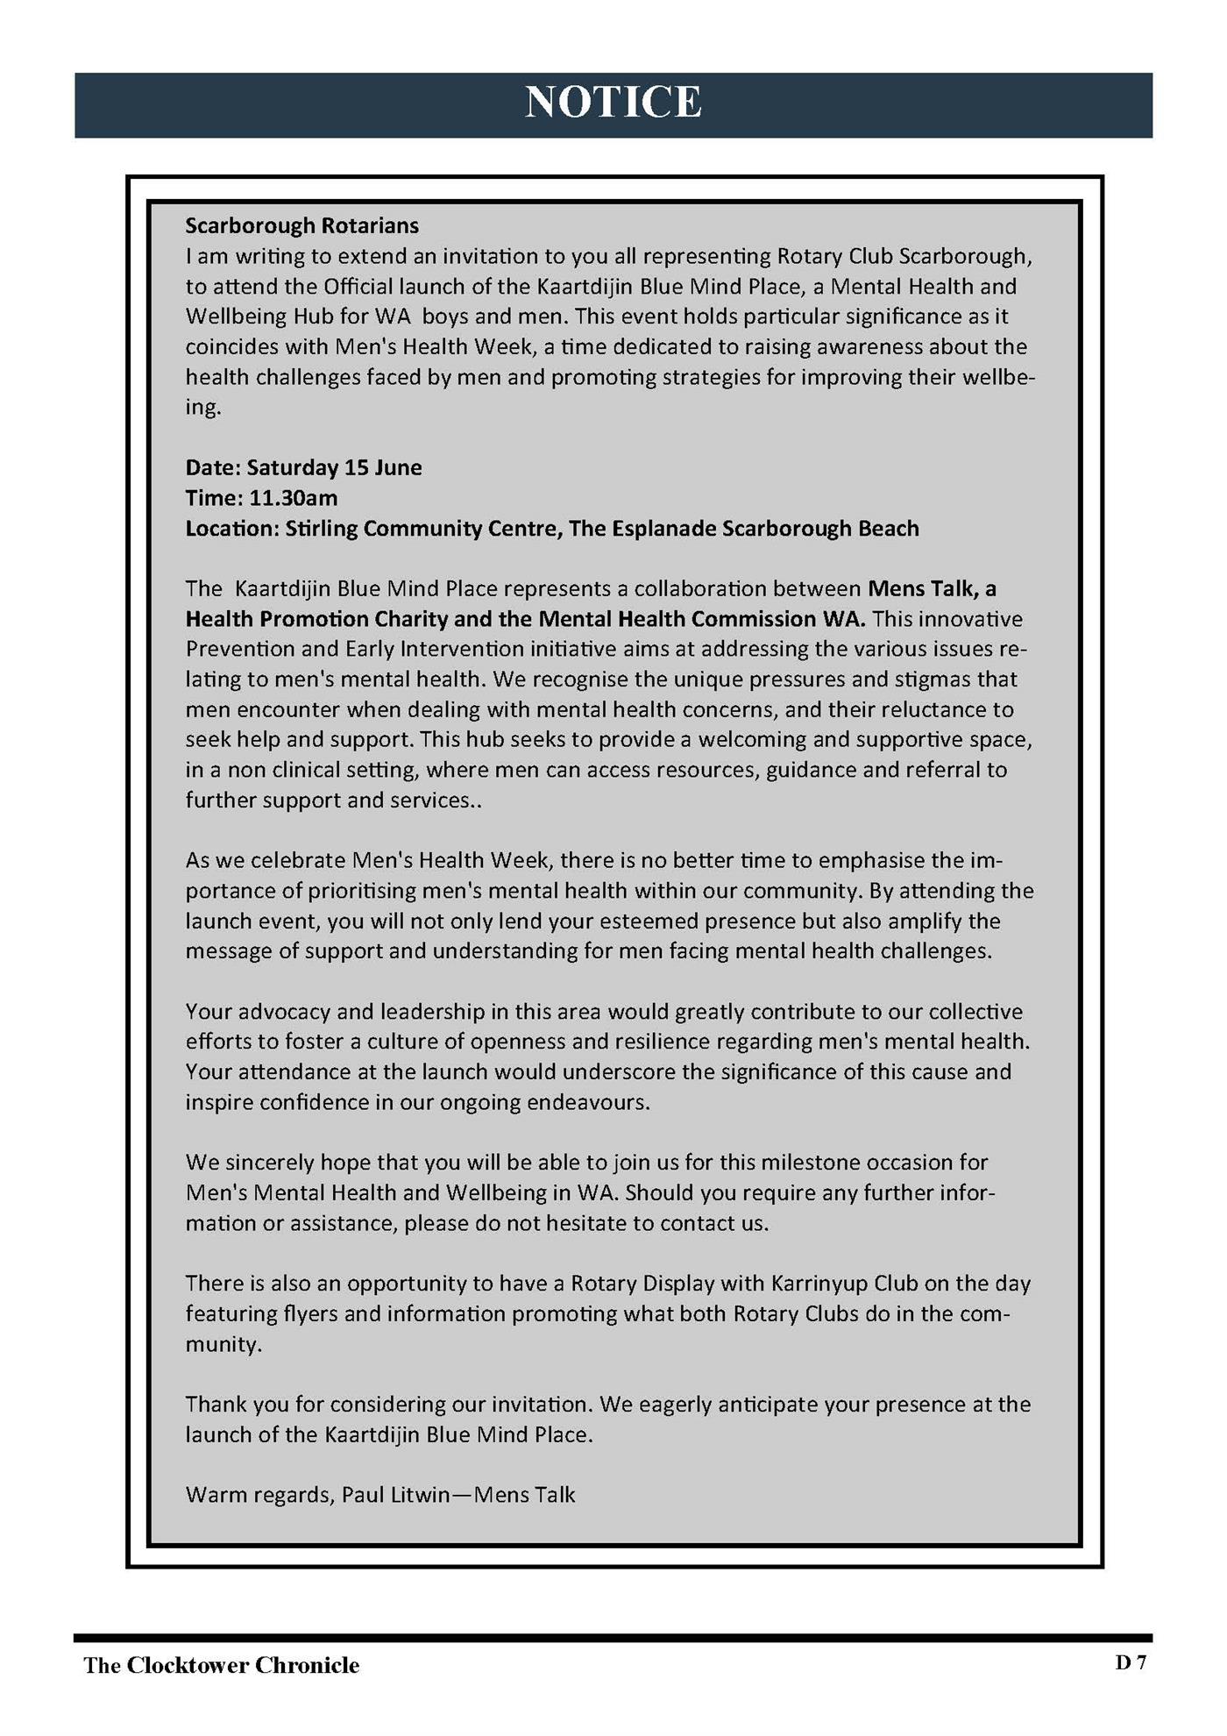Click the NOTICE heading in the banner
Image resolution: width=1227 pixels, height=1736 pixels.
point(613,103)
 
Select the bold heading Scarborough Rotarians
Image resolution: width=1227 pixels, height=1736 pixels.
point(301,226)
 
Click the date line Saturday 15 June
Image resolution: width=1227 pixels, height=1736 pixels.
point(334,467)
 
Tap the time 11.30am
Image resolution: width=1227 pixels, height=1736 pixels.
point(294,498)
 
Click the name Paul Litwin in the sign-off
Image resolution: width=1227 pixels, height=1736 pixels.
point(395,1495)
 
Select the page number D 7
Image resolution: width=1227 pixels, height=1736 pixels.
point(1131,1662)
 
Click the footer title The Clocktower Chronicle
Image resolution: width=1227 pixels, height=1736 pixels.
point(221,1666)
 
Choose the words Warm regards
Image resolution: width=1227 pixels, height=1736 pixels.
point(258,1495)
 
